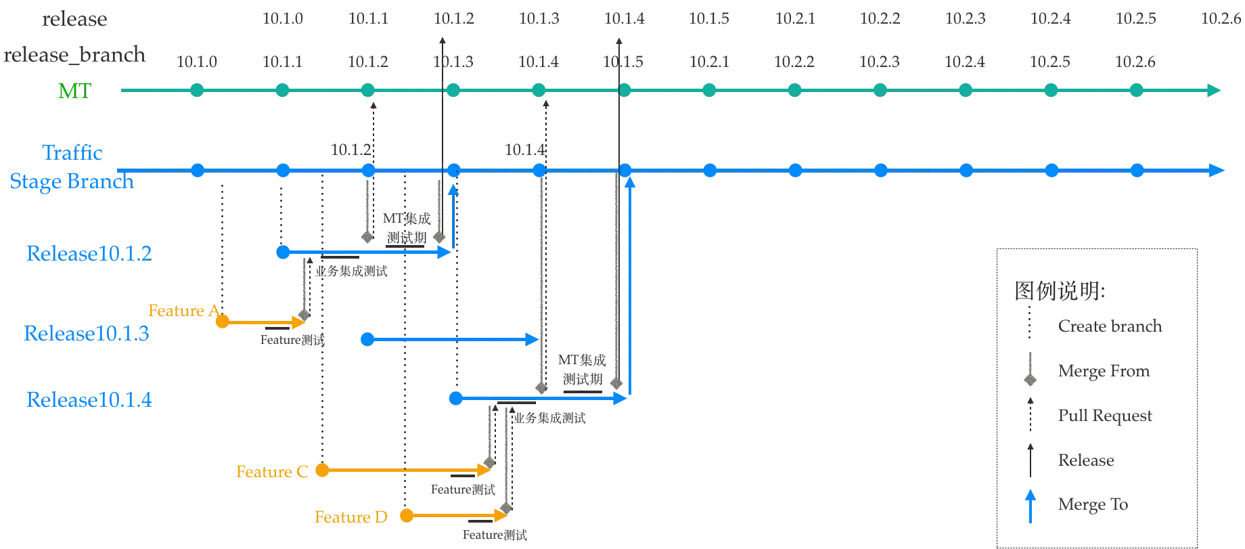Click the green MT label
tap(74, 91)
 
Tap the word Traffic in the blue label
tap(72, 152)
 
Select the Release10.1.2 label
tap(89, 255)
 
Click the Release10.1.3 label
tap(87, 334)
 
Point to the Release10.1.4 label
tap(89, 400)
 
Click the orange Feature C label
tap(271, 471)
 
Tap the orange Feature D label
tap(351, 517)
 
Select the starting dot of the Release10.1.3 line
tap(367, 339)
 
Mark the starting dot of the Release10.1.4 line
tap(457, 399)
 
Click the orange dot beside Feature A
tap(223, 322)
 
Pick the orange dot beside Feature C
tap(323, 470)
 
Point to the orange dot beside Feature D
tap(406, 517)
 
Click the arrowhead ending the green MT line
tap(1216, 90)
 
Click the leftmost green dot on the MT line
tap(197, 89)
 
